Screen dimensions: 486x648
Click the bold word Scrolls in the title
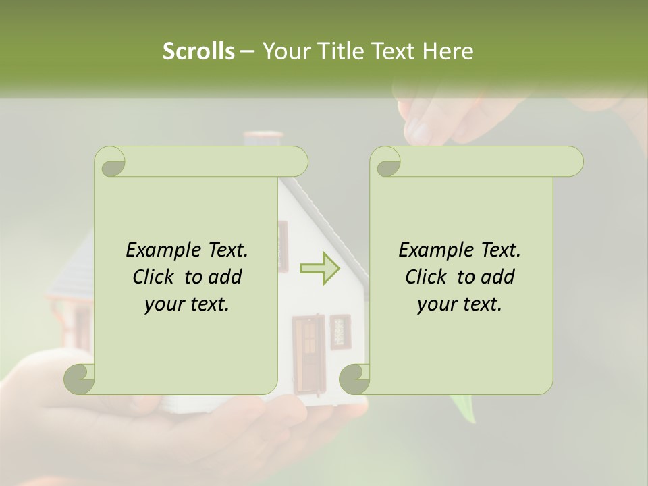(x=198, y=51)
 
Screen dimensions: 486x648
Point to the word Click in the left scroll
(x=155, y=277)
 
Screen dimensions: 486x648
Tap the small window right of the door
(x=340, y=331)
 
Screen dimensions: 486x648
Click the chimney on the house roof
(x=262, y=138)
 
